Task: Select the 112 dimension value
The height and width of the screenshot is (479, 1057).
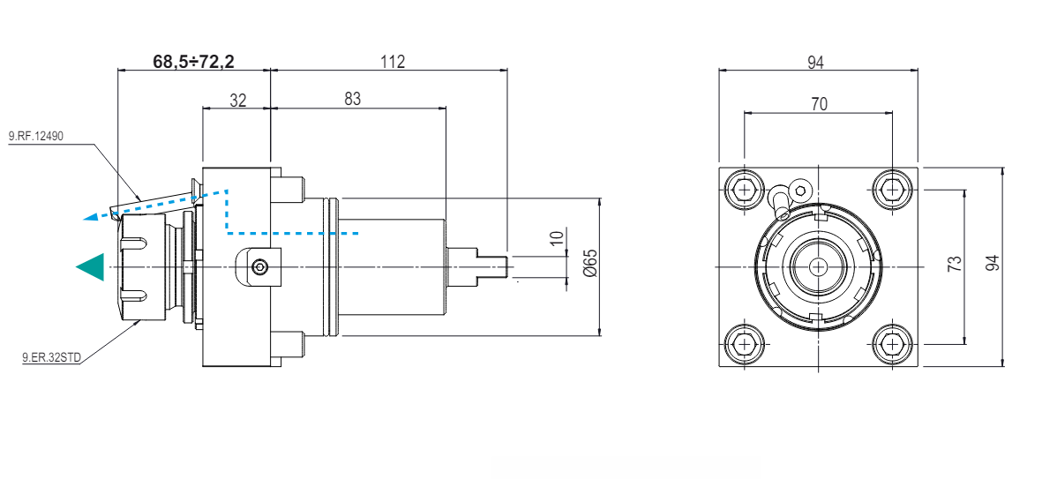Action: pos(393,61)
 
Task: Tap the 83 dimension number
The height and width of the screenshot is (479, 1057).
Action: pos(353,99)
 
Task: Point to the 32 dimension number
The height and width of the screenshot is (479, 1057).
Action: pos(238,99)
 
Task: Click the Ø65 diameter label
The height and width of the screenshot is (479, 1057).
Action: pos(591,263)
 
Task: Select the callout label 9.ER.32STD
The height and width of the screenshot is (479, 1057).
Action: pos(51,357)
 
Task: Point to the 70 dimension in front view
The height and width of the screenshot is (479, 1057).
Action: pos(819,103)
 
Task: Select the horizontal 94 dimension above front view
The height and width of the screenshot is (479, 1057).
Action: pos(815,61)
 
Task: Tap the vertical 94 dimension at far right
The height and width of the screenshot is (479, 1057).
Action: pos(993,263)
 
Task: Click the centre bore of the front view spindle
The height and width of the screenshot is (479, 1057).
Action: pos(819,266)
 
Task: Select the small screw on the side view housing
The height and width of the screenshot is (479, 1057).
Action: pos(259,266)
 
